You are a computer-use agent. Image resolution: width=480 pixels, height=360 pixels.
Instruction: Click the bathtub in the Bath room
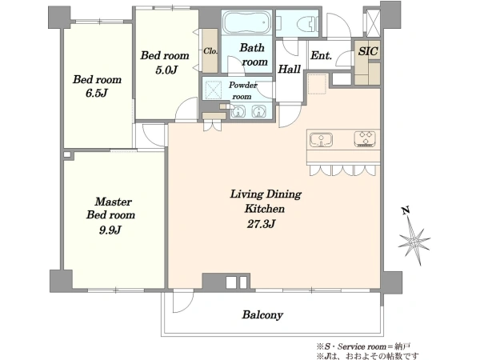pyautogui.click(x=246, y=22)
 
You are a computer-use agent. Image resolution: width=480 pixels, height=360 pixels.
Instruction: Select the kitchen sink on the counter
pyautogui.click(x=321, y=139)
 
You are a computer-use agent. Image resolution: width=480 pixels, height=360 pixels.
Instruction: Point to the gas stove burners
pyautogui.click(x=366, y=139)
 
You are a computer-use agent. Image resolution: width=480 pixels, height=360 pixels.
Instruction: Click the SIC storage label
pyautogui.click(x=368, y=51)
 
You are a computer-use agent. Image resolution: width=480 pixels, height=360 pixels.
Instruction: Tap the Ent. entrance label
pyautogui.click(x=321, y=56)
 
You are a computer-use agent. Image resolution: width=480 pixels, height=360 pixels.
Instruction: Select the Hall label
pyautogui.click(x=289, y=69)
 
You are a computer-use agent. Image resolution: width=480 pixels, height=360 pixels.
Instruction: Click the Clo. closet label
pyautogui.click(x=210, y=51)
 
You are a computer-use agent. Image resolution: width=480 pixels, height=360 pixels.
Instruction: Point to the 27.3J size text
pyautogui.click(x=261, y=224)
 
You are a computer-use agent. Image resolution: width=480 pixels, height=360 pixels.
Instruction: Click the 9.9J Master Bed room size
pyautogui.click(x=110, y=230)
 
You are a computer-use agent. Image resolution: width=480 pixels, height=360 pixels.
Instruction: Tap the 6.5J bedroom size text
pyautogui.click(x=97, y=93)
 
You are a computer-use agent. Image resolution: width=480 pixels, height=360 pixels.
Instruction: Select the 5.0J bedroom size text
pyautogui.click(x=166, y=70)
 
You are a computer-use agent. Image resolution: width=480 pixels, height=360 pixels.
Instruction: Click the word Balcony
pyautogui.click(x=262, y=315)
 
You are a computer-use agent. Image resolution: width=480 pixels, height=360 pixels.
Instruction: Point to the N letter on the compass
pyautogui.click(x=406, y=210)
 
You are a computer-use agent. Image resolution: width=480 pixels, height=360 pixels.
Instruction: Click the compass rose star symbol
pyautogui.click(x=414, y=242)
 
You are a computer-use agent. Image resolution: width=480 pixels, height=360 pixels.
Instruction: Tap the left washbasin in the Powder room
pyautogui.click(x=238, y=111)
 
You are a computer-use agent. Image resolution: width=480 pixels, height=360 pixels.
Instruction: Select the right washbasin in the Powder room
pyautogui.click(x=258, y=111)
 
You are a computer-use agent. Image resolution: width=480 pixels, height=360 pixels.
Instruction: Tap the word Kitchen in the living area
pyautogui.click(x=265, y=209)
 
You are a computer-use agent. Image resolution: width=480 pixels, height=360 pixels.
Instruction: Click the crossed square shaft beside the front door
pyautogui.click(x=373, y=23)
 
